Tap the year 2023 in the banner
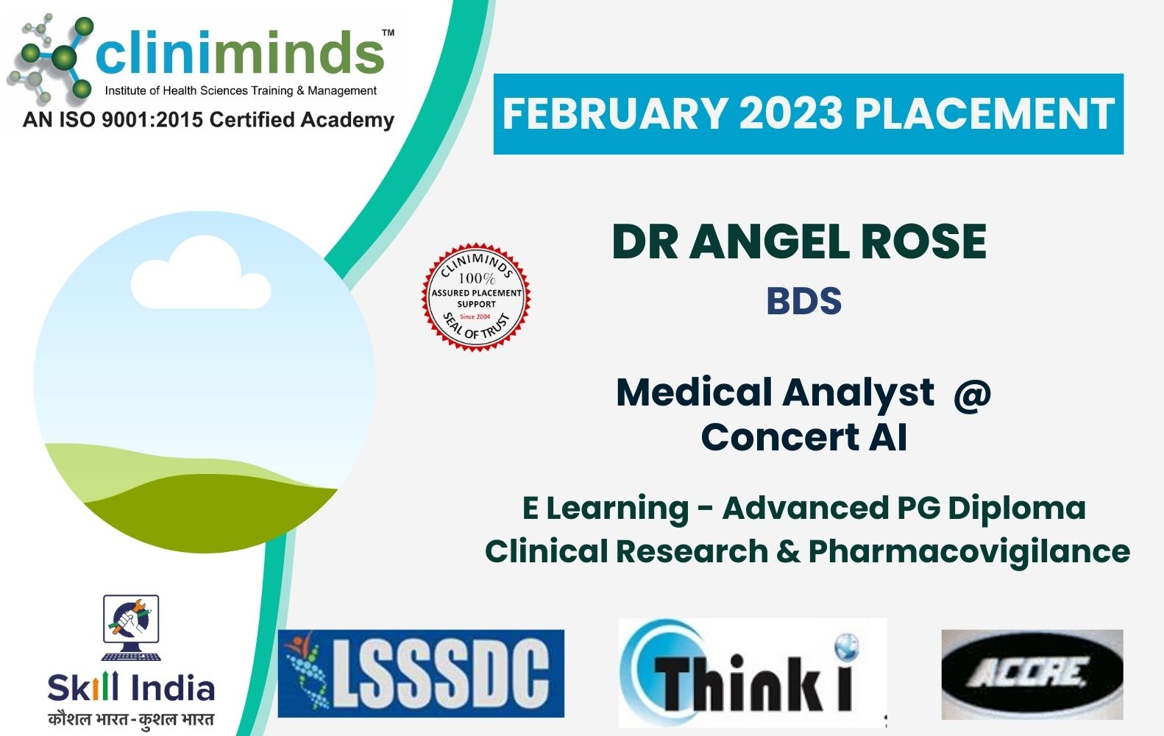click(x=790, y=114)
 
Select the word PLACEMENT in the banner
click(x=984, y=114)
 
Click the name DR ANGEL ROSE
click(x=799, y=241)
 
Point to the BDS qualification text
click(x=803, y=301)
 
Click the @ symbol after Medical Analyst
click(x=972, y=392)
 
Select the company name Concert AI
click(x=803, y=437)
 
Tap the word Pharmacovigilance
click(x=969, y=551)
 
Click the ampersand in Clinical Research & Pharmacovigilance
click(x=787, y=552)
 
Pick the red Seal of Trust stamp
click(x=476, y=296)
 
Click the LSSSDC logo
click(x=421, y=673)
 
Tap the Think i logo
click(x=752, y=673)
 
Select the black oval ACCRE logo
click(x=1032, y=673)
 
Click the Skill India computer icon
click(x=131, y=627)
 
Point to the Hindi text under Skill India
click(x=131, y=718)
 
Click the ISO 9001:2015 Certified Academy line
click(x=208, y=119)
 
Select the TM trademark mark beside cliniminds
click(x=388, y=33)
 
